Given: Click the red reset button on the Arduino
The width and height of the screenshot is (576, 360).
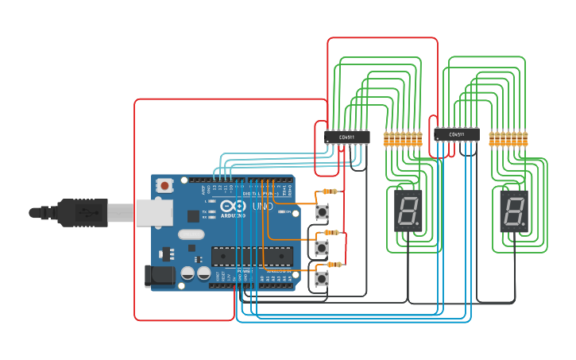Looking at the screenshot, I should coord(164,186).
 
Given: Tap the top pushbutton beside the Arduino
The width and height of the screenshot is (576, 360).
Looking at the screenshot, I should coord(322,212).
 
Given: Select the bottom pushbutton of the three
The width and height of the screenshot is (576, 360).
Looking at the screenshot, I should coord(322,279).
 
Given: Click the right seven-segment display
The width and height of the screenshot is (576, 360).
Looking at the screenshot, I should coord(514,211).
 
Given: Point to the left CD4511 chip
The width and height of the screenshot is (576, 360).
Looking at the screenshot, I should coord(347,137).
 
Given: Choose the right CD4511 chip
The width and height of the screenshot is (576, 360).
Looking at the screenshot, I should coord(457,135).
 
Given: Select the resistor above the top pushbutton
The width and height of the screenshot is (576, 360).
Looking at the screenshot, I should coord(330,192).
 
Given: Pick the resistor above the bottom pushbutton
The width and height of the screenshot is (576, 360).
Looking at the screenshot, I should coord(334,264).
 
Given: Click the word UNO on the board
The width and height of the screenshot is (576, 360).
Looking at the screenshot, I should coord(261,206).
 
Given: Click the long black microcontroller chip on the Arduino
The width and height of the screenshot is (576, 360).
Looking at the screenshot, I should coord(252,256).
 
